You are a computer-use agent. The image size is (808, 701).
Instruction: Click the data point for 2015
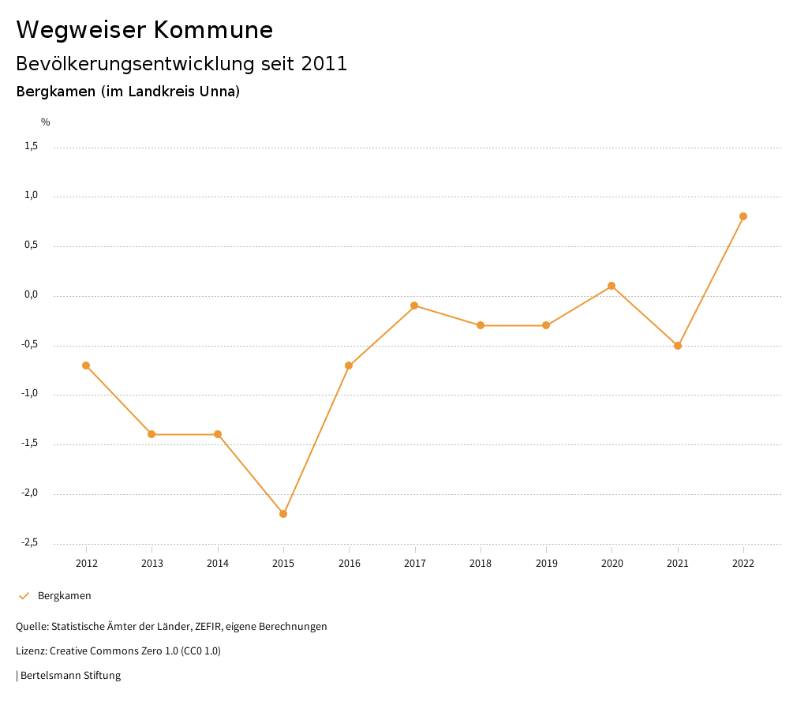coord(283,514)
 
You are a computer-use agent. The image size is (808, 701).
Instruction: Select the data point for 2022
coord(743,216)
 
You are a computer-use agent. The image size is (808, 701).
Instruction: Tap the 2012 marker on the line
coord(86,365)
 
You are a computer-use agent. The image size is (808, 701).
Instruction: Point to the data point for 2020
coord(612,286)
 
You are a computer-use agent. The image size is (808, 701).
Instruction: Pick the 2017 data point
coord(414,306)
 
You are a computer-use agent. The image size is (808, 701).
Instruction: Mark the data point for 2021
coord(678,346)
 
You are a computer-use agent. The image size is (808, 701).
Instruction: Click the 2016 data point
coord(349,365)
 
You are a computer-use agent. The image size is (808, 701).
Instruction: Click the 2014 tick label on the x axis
coord(218,563)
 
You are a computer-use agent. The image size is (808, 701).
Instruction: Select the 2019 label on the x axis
coord(546,563)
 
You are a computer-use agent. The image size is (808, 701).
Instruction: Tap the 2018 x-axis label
coord(481,563)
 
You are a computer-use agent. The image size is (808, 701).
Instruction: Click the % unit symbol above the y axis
coord(46,122)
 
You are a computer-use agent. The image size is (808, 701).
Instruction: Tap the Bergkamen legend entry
coord(64,596)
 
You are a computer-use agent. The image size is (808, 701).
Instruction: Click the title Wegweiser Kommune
coord(144,30)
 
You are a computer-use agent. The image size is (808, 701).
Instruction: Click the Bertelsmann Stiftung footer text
coord(70,676)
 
